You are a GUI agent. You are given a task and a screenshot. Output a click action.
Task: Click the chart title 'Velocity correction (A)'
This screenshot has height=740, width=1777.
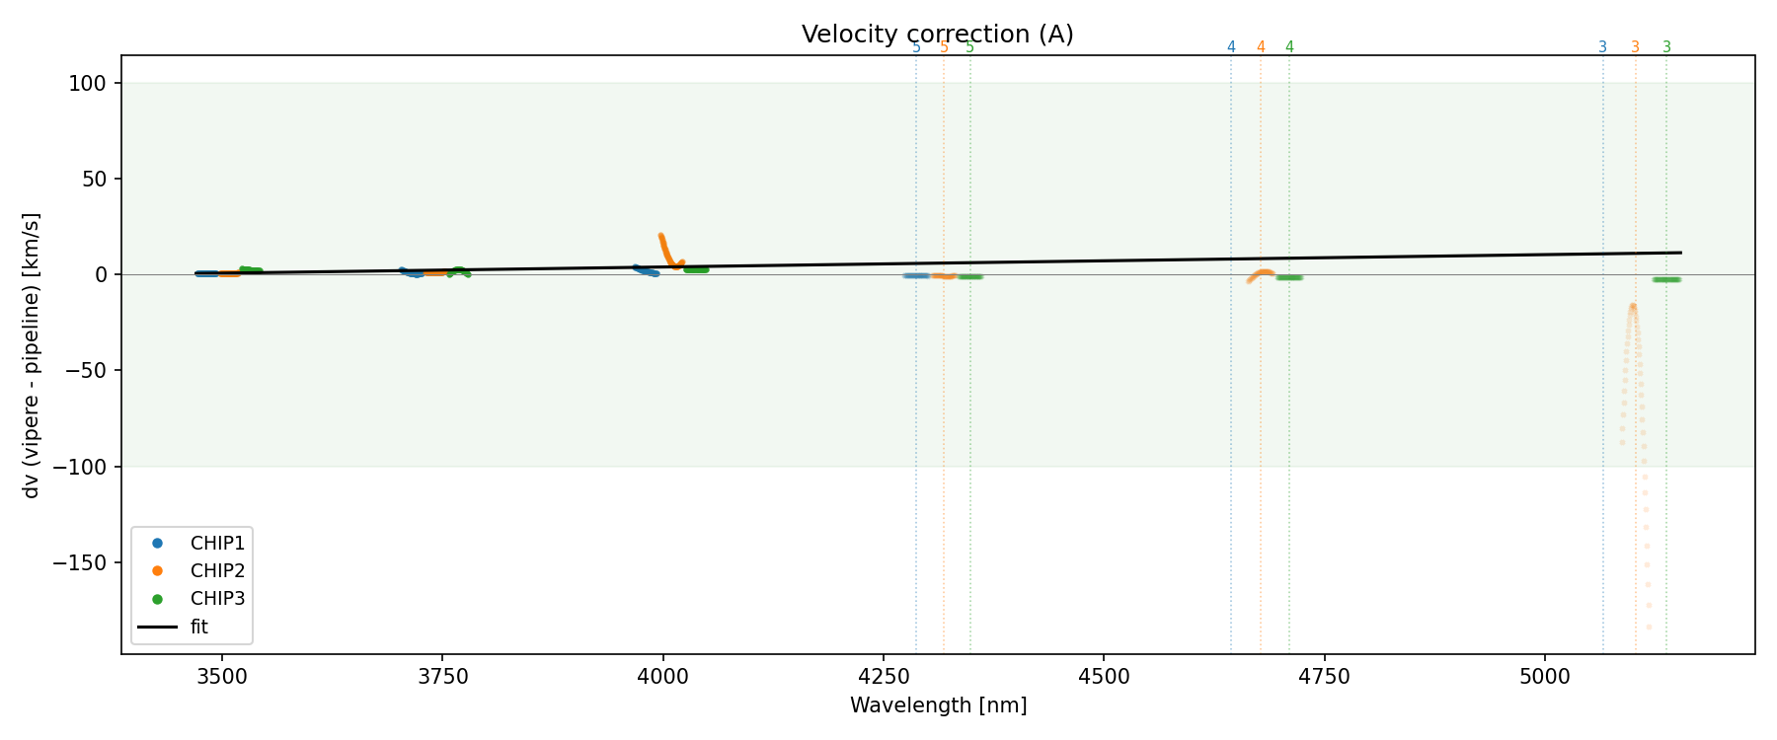point(937,35)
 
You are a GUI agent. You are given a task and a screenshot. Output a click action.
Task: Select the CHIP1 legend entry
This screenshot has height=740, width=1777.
point(217,543)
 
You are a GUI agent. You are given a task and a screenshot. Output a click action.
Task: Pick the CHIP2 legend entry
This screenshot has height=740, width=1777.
point(217,570)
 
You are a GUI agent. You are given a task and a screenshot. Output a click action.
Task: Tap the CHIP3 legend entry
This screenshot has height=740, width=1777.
point(217,598)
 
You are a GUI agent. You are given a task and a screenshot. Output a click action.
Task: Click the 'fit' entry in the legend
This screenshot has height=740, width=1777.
point(198,627)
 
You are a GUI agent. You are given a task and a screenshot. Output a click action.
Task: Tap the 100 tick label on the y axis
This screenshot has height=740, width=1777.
point(87,84)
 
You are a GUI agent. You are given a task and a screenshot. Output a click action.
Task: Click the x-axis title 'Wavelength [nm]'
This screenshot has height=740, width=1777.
point(938,705)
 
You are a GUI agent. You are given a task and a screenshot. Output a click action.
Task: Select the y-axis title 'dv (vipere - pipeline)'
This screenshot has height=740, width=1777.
point(32,355)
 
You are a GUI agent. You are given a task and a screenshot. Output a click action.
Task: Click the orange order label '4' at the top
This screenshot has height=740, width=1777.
point(1261,47)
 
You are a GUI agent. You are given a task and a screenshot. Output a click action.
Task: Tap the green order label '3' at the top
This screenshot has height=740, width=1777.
point(1666,47)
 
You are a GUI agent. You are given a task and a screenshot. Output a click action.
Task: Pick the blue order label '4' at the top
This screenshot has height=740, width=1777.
point(1231,47)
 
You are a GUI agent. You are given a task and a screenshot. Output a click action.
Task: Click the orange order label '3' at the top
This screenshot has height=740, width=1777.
point(1635,47)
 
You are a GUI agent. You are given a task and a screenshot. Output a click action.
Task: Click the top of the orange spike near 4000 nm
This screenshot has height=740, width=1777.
point(660,236)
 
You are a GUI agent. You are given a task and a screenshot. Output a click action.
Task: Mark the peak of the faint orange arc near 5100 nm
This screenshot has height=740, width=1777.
point(1633,306)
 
